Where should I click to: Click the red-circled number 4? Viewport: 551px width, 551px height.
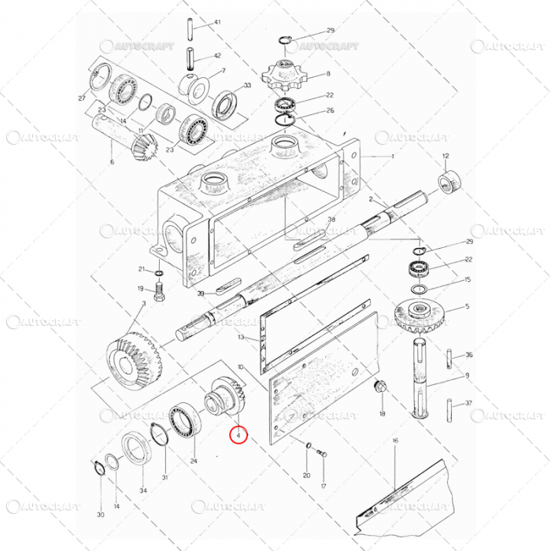(238, 434)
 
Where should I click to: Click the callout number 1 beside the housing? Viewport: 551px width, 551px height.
(392, 156)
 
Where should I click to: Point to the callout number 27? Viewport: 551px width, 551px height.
(81, 98)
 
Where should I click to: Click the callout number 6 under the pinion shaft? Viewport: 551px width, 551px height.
(112, 162)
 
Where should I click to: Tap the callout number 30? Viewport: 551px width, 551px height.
(100, 515)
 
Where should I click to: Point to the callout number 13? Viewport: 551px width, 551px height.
(242, 337)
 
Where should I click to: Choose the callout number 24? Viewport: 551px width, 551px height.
(194, 460)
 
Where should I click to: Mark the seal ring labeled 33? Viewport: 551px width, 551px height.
(226, 102)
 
